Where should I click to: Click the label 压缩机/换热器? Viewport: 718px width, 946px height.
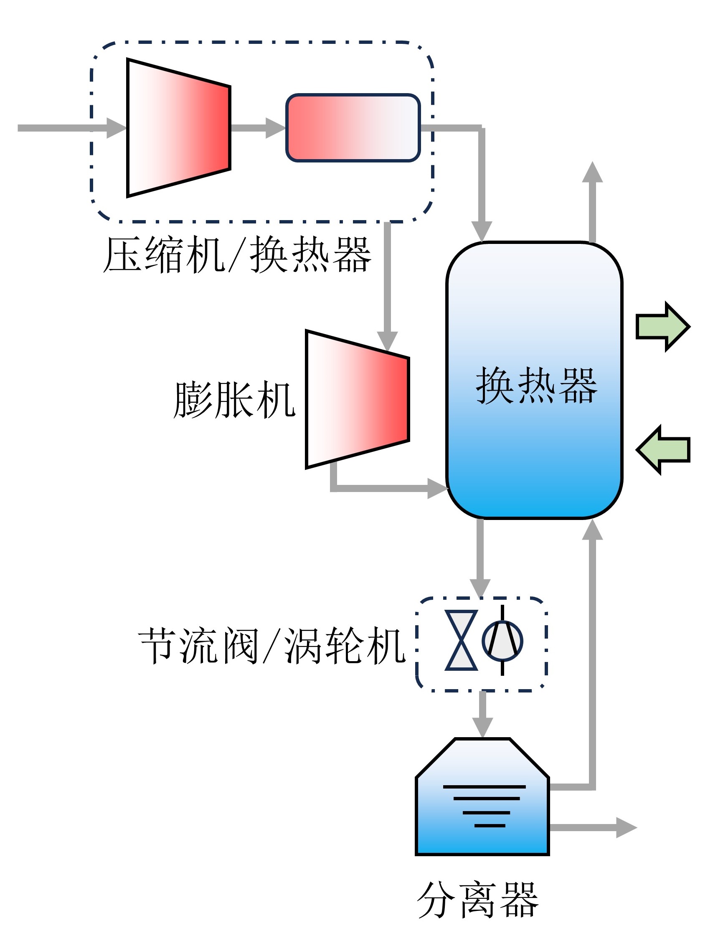[237, 255]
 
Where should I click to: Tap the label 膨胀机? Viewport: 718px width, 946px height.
[234, 399]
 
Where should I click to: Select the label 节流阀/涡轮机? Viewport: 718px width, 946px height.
[272, 646]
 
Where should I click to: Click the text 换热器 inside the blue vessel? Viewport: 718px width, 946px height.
[536, 386]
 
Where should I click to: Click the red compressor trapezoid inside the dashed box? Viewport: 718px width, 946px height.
[179, 128]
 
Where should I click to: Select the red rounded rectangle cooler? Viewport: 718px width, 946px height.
[353, 128]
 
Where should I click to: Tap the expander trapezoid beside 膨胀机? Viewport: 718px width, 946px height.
[358, 399]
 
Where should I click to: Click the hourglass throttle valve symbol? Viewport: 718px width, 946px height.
[461, 641]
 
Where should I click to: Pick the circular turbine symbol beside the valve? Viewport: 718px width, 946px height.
[502, 641]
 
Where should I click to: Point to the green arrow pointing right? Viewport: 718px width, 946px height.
[662, 327]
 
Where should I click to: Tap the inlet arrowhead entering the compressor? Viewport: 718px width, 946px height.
[116, 128]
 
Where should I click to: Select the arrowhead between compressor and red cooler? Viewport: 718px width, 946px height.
[276, 128]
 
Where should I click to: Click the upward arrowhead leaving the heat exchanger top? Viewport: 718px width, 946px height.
[592, 172]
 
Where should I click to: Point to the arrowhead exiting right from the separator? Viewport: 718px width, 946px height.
[627, 827]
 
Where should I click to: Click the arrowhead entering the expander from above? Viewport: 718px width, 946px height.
[388, 341]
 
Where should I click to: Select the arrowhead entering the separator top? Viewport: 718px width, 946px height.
[482, 728]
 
